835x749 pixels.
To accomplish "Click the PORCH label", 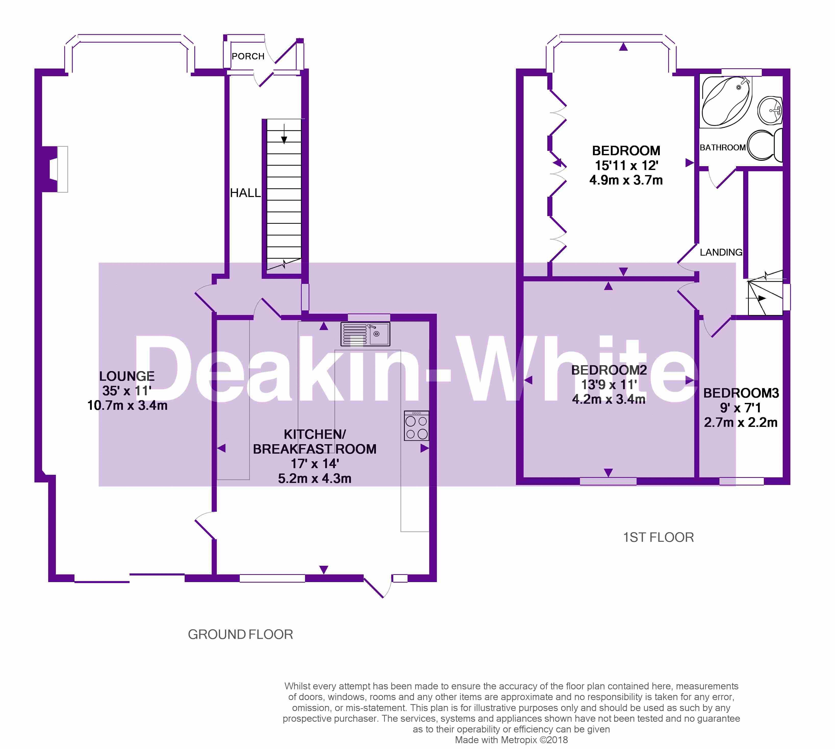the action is click(248, 56).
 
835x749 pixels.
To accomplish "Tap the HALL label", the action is click(245, 193).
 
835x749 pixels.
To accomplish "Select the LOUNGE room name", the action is click(127, 376).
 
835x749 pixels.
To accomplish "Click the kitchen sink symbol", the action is click(365, 334).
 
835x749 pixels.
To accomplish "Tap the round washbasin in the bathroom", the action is click(770, 110).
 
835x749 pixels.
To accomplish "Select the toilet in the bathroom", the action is click(765, 145).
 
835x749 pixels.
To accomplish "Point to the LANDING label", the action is click(721, 252).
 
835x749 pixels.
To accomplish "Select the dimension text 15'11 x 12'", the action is click(626, 165).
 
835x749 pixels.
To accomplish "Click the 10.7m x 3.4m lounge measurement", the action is click(127, 405).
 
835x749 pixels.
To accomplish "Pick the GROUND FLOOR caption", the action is click(241, 634).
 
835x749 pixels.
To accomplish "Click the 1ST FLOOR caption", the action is click(658, 537).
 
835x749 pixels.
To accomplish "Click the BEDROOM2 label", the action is click(609, 370).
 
